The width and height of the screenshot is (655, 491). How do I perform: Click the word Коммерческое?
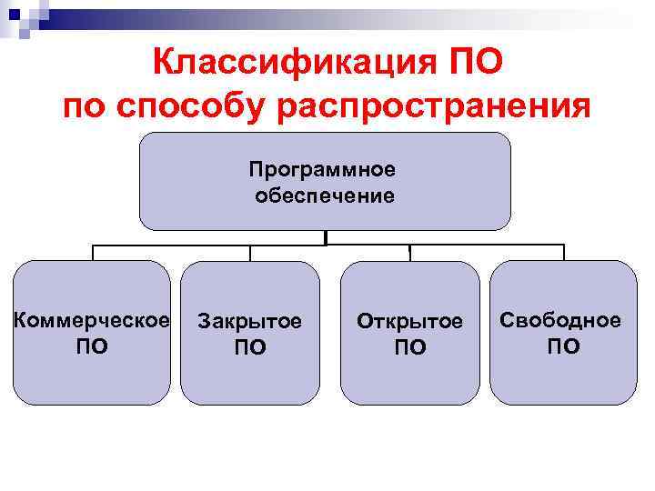coord(91,320)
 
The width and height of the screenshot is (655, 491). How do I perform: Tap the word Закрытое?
coord(250,322)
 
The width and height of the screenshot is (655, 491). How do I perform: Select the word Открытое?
coord(409,322)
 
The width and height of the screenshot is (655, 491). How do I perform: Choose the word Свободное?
coord(561,320)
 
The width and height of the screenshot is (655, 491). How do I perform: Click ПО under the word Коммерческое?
coord(91,346)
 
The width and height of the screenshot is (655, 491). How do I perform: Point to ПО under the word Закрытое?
coord(250,347)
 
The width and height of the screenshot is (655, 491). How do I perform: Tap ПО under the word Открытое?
coord(409,347)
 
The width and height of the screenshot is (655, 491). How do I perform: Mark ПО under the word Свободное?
coord(563,346)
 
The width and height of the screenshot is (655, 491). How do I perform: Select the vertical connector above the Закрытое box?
coord(250,253)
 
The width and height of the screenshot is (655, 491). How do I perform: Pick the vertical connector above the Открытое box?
coord(409,253)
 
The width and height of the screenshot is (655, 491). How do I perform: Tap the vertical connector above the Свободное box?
coord(563,253)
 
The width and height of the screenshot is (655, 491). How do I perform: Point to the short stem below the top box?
coord(326,237)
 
